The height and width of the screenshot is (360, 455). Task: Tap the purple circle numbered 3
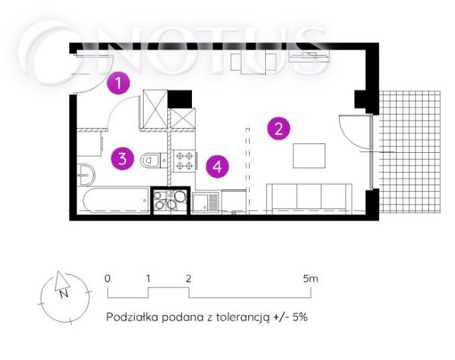(121, 159)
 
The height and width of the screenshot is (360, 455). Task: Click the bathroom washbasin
(86, 176)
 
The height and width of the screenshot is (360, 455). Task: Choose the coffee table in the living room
(309, 156)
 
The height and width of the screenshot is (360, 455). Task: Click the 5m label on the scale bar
(309, 278)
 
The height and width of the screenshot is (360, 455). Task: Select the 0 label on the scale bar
(107, 278)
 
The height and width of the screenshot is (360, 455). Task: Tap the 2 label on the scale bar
(189, 278)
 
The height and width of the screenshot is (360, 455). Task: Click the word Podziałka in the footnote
(129, 317)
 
